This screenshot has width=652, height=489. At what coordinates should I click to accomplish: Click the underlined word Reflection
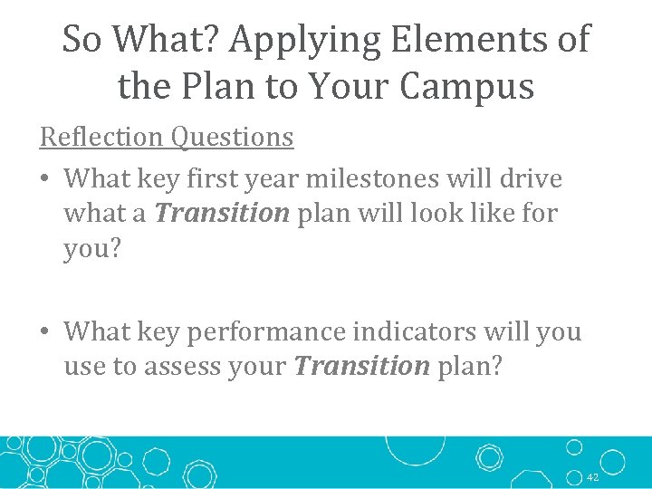[101, 137]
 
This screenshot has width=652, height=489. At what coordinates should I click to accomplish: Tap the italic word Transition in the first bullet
[222, 214]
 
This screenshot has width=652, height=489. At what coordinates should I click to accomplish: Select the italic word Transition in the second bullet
[362, 366]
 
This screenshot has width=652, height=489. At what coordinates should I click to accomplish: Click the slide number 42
[592, 477]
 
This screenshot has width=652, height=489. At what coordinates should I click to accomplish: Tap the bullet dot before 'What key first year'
[45, 179]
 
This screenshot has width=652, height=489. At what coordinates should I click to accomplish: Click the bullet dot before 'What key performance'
[45, 332]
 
